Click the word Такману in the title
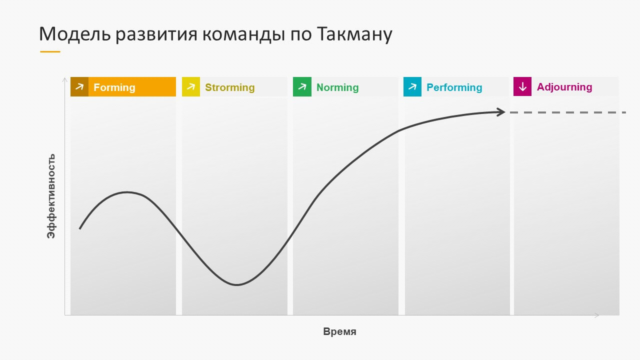click(x=354, y=34)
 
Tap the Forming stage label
click(x=114, y=87)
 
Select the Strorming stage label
click(x=230, y=87)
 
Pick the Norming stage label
click(x=337, y=87)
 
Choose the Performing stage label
click(x=454, y=87)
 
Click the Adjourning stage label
click(x=564, y=87)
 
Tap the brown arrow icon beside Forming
click(x=79, y=86)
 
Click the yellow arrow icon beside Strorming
click(x=191, y=86)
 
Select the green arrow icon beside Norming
click(x=302, y=86)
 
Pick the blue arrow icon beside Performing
click(x=412, y=86)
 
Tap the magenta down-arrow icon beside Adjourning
click(x=522, y=86)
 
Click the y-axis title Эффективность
click(x=51, y=196)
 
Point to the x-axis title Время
click(x=339, y=331)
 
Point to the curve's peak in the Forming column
click(x=127, y=192)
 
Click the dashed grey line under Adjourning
click(x=567, y=112)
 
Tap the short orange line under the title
click(x=50, y=51)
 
